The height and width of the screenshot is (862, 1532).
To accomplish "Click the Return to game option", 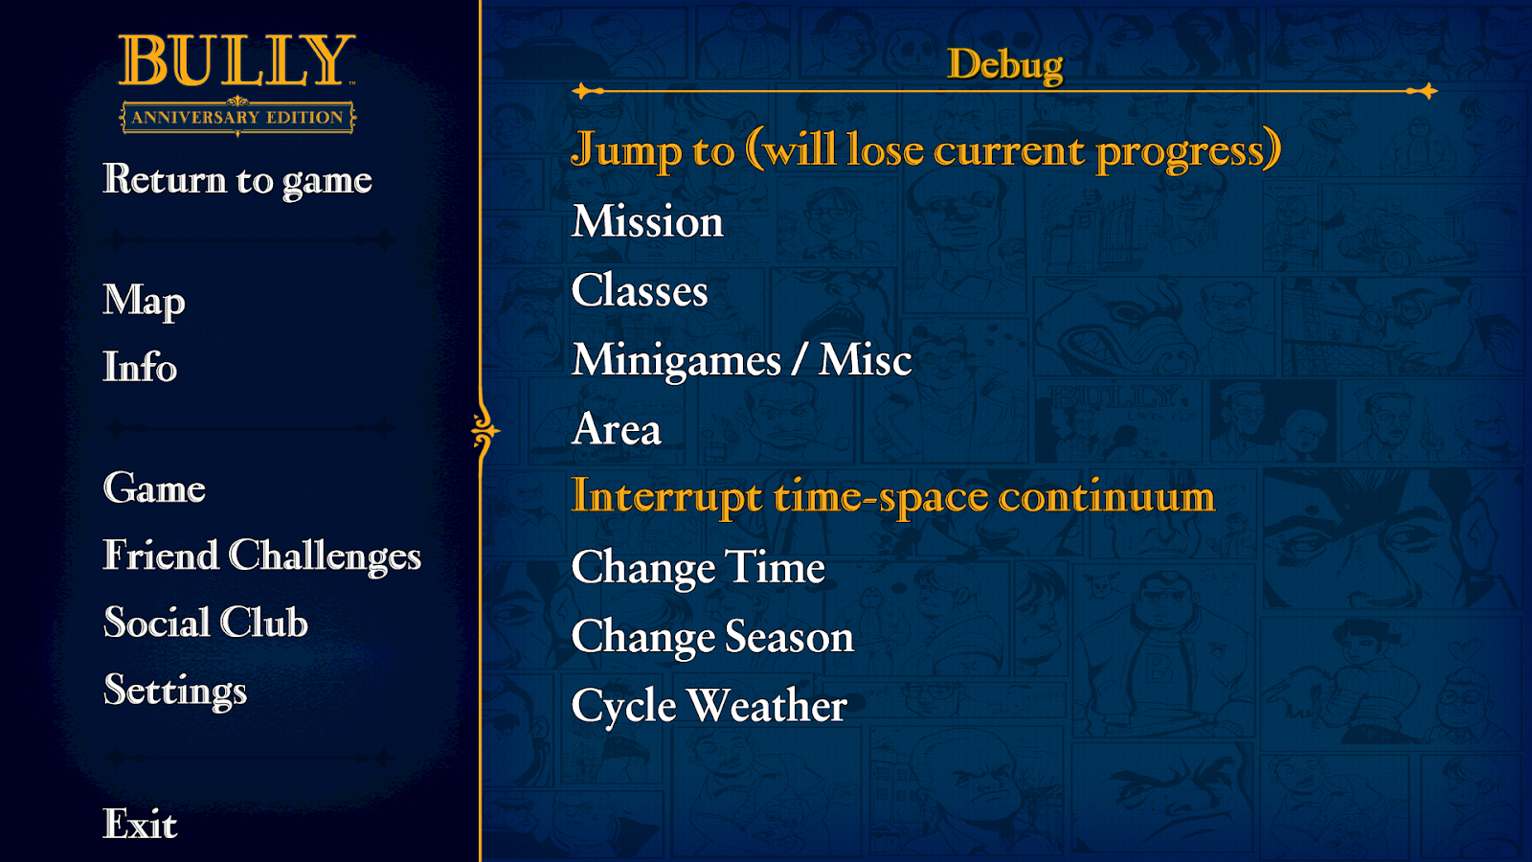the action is tap(237, 180).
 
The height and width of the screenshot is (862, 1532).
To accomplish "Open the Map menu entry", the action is tap(145, 301).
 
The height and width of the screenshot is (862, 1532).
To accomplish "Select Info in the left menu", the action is tap(140, 367).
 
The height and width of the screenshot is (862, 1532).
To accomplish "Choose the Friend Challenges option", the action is tap(262, 555).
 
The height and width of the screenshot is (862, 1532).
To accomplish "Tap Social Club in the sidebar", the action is tap(206, 623).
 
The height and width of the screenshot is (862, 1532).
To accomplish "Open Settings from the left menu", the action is tap(175, 691).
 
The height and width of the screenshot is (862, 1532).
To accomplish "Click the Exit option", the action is tap(140, 824).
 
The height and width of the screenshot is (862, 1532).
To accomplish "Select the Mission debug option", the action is tap(647, 221).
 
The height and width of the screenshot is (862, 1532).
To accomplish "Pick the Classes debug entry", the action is tap(640, 290).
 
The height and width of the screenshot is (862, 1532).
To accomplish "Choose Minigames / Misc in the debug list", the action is tap(741, 360).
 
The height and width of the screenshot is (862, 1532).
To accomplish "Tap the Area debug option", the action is tap(617, 429).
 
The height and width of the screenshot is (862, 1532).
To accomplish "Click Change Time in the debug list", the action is tap(698, 567).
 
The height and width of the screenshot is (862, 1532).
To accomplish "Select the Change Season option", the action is tap(712, 637).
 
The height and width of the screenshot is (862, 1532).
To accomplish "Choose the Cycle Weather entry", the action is tap(710, 706).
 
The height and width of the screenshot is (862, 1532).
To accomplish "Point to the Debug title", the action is tap(1004, 66).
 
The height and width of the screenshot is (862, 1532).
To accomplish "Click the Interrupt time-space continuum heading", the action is tap(893, 497).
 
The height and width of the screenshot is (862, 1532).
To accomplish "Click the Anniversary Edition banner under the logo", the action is tap(237, 117).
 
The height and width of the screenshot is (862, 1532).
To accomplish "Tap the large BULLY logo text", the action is tap(237, 60).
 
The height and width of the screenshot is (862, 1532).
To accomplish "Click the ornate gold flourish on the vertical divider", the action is tap(485, 431).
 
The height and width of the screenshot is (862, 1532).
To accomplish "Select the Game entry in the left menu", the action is tap(154, 488).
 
